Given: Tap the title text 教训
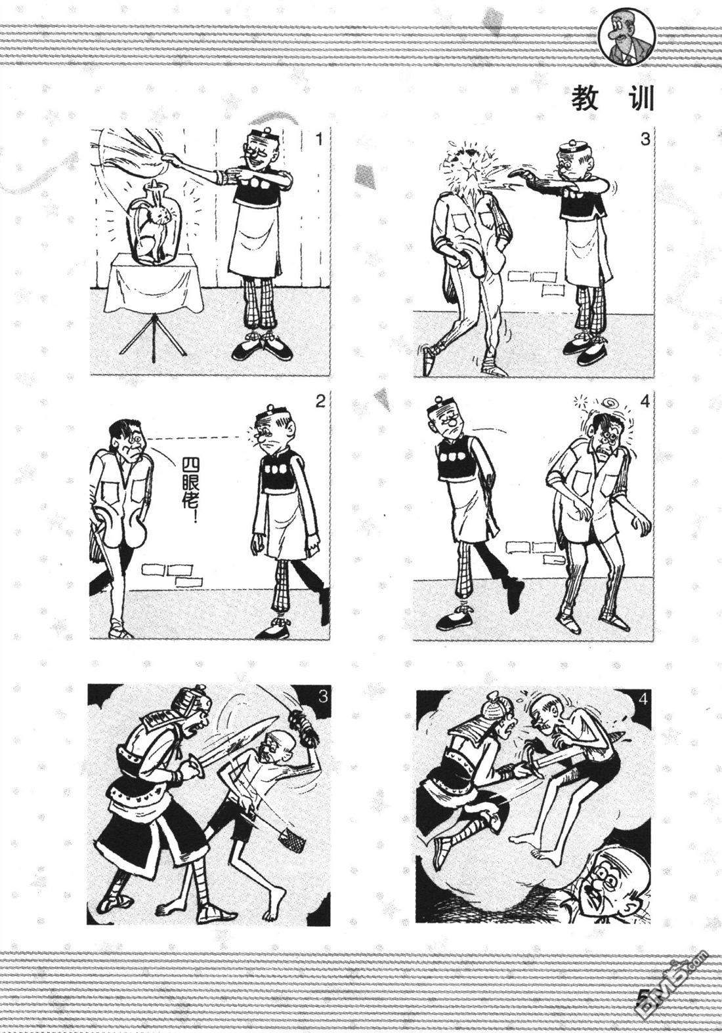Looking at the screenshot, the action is [612, 98].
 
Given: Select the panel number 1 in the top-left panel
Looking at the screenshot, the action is [318, 139].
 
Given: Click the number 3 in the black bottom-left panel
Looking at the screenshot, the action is [322, 695].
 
